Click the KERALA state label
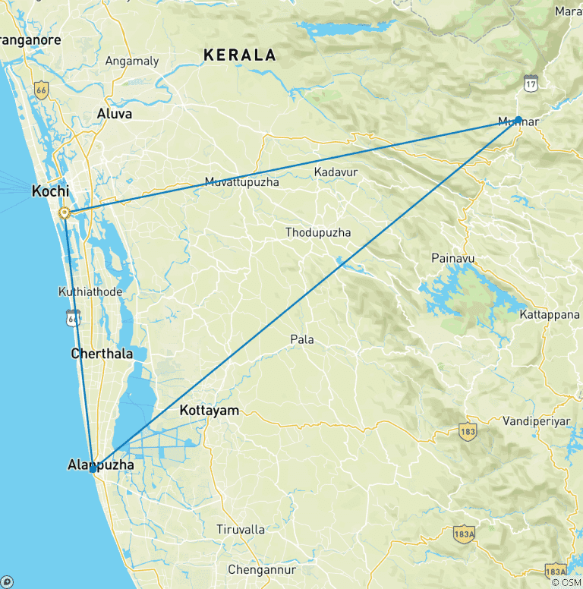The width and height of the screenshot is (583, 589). point(239,55)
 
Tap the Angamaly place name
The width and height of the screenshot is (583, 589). point(133,61)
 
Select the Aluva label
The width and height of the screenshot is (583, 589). point(115,114)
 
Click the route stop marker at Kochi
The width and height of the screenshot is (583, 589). point(66,213)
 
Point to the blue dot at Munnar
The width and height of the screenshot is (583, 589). point(518,119)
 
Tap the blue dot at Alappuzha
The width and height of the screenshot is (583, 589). point(92,469)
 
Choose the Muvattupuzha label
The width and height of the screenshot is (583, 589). point(241,182)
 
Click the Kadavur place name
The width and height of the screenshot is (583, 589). point(336,172)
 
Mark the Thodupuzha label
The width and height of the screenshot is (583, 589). point(318,232)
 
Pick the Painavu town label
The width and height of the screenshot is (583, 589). point(452,259)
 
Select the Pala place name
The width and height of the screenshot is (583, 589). point(302,339)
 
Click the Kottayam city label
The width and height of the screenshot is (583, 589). point(209,411)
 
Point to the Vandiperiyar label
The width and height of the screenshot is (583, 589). point(536,420)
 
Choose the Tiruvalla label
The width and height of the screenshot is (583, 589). point(241,529)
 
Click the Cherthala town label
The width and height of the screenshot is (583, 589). point(102,354)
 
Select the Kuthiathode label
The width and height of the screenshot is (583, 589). point(90,291)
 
